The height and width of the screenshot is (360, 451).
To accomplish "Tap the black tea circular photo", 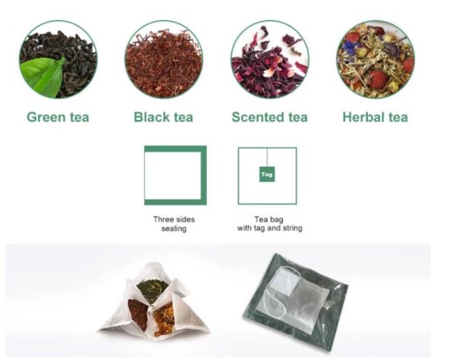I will (163, 59).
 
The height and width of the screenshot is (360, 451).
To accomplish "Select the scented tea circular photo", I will (270, 59).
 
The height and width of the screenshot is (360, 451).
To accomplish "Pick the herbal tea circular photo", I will (374, 59).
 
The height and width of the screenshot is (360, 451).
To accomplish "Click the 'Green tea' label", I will (58, 118).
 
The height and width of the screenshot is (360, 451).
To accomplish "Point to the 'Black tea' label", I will (163, 118).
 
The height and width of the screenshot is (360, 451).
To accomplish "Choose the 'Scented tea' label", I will (270, 118).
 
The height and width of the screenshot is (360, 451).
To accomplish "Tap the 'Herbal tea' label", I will (375, 118).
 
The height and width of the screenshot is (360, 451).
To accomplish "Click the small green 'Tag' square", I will (267, 172).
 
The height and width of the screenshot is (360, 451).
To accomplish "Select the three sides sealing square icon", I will (175, 175).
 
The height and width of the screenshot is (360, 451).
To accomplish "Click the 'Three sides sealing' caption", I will (174, 224).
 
